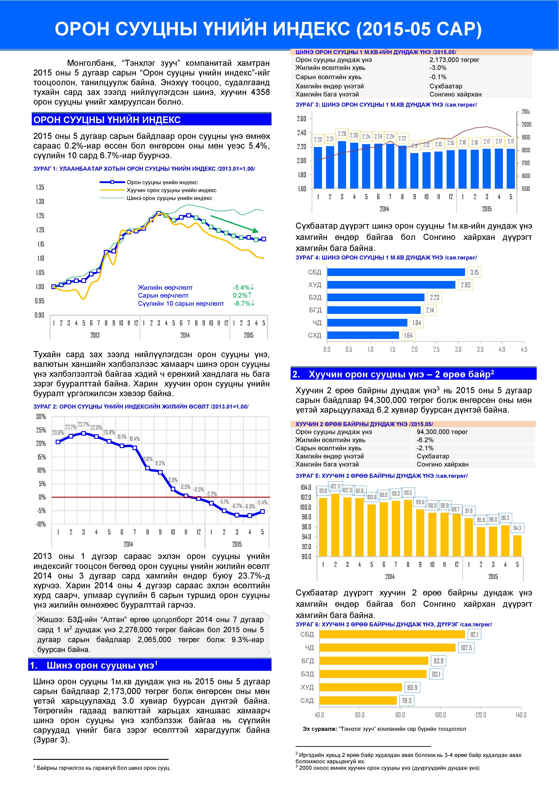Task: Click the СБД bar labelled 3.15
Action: [396, 272]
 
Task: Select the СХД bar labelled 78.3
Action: [358, 700]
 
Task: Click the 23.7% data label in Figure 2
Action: [83, 424]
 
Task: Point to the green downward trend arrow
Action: [234, 224]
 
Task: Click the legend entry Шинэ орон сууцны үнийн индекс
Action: [169, 198]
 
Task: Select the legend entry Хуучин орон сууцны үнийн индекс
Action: [171, 190]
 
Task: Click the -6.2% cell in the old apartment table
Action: [425, 440]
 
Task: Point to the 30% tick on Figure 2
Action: [41, 416]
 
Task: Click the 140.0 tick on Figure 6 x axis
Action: [521, 715]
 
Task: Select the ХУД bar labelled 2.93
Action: [391, 285]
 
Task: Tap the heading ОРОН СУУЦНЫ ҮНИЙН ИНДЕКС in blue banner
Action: [107, 120]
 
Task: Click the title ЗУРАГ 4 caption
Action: [386, 258]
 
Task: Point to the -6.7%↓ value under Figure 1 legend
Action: [244, 304]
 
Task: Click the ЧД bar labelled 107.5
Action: [387, 648]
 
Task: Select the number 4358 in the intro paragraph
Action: [260, 92]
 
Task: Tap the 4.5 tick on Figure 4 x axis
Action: [524, 349]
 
